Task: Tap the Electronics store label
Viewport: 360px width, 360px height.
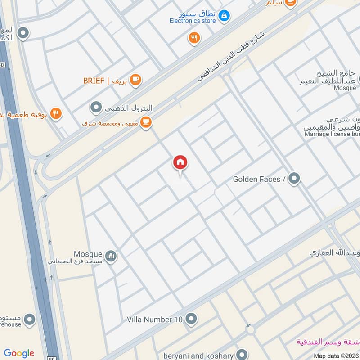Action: pos(193,21)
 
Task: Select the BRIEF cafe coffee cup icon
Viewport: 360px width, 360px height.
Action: pos(135,80)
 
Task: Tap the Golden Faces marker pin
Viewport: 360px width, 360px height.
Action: pos(294,179)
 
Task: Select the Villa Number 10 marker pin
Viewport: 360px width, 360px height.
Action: pos(191,319)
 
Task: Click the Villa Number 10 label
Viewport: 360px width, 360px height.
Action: pos(155,319)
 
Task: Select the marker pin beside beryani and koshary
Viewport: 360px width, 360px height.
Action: pos(242,355)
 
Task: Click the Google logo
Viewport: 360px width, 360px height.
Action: pos(19,353)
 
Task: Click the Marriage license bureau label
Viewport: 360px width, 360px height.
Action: pos(331,134)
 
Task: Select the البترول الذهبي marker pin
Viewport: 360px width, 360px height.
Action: pos(96,108)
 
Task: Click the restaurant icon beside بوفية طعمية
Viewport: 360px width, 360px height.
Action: pos(56,113)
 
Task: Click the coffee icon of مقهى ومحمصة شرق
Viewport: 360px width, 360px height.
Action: pos(145,122)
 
